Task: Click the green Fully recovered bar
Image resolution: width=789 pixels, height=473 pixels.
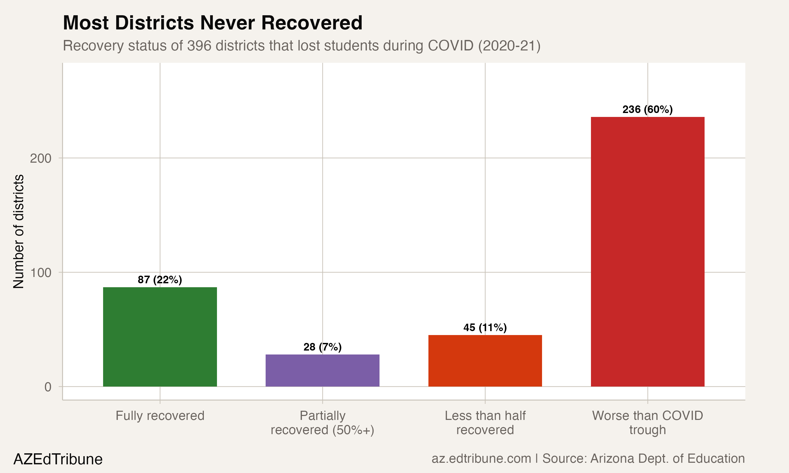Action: (x=160, y=337)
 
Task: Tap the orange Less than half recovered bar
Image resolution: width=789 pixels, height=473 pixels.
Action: (x=485, y=361)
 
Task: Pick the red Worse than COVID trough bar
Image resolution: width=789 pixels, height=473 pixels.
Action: (x=648, y=252)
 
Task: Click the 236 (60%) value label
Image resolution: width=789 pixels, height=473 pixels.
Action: (x=648, y=109)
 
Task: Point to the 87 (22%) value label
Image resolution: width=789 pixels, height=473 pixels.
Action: (x=160, y=280)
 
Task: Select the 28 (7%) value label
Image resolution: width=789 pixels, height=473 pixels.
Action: (x=322, y=347)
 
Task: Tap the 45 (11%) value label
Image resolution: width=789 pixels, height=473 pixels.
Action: (x=485, y=327)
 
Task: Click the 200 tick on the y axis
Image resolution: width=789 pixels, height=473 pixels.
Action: (x=41, y=158)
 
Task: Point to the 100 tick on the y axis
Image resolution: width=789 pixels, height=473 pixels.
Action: (x=41, y=273)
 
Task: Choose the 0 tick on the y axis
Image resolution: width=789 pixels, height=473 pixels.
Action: (x=48, y=387)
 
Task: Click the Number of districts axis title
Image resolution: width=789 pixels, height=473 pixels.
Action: (x=18, y=232)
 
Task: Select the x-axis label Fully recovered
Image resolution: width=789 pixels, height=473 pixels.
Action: (x=160, y=416)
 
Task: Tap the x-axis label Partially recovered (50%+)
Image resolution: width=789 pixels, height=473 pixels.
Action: (x=322, y=423)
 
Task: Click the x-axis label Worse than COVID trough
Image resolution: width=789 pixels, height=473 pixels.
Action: (x=648, y=423)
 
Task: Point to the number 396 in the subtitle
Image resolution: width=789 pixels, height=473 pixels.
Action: (x=199, y=45)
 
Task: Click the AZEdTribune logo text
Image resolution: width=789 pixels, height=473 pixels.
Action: (x=58, y=459)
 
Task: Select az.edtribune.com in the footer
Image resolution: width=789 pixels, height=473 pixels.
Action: (x=481, y=458)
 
